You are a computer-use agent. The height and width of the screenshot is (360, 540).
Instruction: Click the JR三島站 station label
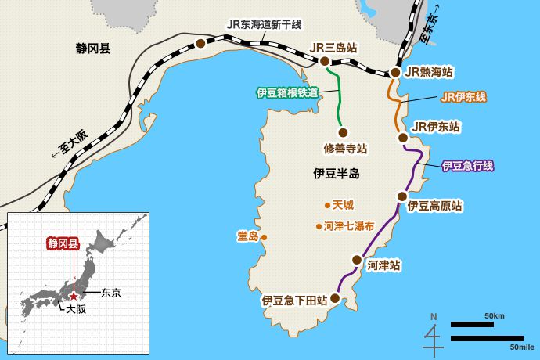pyautogui.click(x=333, y=48)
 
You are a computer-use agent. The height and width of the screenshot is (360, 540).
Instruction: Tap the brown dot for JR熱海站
pyautogui.click(x=395, y=73)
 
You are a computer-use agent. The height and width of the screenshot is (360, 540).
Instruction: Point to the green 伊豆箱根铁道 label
pyautogui.click(x=287, y=92)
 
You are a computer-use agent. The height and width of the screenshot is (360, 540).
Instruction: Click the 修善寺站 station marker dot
pyautogui.click(x=342, y=131)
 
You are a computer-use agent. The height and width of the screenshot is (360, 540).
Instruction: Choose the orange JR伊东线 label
pyautogui.click(x=463, y=97)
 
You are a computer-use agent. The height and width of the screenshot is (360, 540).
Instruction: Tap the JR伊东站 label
pyautogui.click(x=435, y=126)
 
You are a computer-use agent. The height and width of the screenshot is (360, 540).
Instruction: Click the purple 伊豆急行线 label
pyautogui.click(x=467, y=165)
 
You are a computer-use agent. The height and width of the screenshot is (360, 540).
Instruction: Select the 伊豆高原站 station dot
pyautogui.click(x=401, y=196)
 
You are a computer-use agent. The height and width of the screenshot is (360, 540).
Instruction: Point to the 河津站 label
pyautogui.click(x=383, y=265)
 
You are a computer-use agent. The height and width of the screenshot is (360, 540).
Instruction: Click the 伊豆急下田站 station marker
pyautogui.click(x=335, y=298)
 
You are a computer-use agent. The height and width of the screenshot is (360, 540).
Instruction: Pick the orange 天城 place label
pyautogui.click(x=343, y=205)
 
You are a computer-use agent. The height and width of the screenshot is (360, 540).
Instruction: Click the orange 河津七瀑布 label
pyautogui.click(x=348, y=226)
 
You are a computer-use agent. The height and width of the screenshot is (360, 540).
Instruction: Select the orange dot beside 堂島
pyautogui.click(x=264, y=237)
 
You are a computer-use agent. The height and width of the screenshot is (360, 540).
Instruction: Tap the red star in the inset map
pyautogui.click(x=74, y=297)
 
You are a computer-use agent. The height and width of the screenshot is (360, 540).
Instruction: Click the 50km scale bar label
pyautogui.click(x=494, y=315)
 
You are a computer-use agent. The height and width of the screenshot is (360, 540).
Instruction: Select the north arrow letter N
pyautogui.click(x=434, y=316)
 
